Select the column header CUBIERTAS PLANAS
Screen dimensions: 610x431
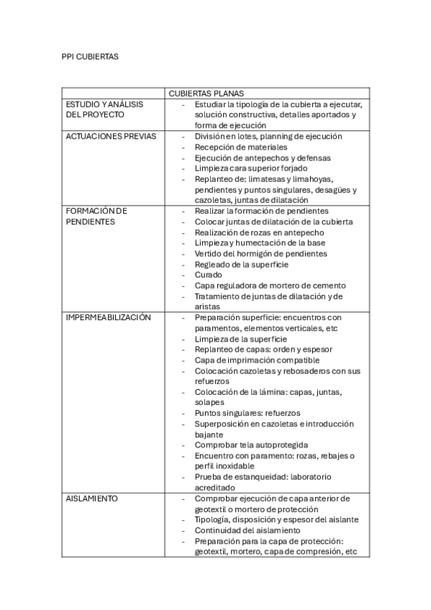click(x=206, y=94)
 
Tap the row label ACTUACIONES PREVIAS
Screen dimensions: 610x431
click(x=110, y=136)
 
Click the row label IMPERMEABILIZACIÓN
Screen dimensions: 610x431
click(x=108, y=317)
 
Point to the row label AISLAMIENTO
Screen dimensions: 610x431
click(x=92, y=498)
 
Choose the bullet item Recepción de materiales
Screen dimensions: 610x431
click(x=241, y=147)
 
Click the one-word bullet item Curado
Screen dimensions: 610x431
click(x=209, y=275)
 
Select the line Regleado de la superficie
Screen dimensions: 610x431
click(x=242, y=264)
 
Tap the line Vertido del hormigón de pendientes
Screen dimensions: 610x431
click(x=260, y=253)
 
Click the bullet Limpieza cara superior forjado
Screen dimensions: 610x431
click(x=250, y=168)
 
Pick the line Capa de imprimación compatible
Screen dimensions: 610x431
click(x=257, y=360)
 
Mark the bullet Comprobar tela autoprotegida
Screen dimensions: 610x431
click(x=251, y=445)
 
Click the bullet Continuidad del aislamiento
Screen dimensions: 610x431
click(x=248, y=530)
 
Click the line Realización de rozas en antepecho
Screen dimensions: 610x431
click(x=259, y=232)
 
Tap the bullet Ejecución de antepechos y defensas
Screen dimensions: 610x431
click(x=263, y=158)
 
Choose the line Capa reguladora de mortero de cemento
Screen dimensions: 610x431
click(x=270, y=286)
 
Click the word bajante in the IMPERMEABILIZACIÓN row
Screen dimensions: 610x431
click(x=209, y=434)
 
